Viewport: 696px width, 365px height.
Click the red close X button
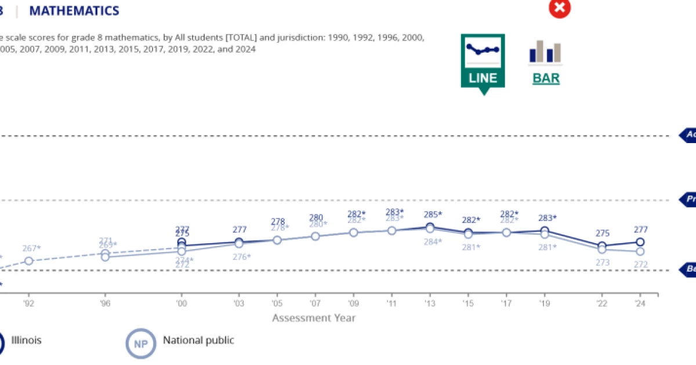click(560, 8)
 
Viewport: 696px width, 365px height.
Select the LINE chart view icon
click(483, 61)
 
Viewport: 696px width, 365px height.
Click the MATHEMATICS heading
click(74, 10)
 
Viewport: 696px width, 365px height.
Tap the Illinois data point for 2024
click(640, 242)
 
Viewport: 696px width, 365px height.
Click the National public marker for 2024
click(640, 251)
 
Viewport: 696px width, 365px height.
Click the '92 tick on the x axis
click(28, 303)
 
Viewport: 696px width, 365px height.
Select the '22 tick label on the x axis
click(602, 303)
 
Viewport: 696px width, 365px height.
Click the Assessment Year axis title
click(314, 317)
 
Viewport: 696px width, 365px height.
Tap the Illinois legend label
click(26, 340)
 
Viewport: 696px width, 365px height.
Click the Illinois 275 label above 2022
click(602, 233)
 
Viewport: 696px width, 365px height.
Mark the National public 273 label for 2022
click(602, 262)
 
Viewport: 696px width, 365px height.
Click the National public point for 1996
click(105, 257)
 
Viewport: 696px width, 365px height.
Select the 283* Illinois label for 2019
click(546, 218)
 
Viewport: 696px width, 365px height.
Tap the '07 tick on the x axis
click(315, 303)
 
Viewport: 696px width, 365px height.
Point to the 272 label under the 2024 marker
click(640, 264)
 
